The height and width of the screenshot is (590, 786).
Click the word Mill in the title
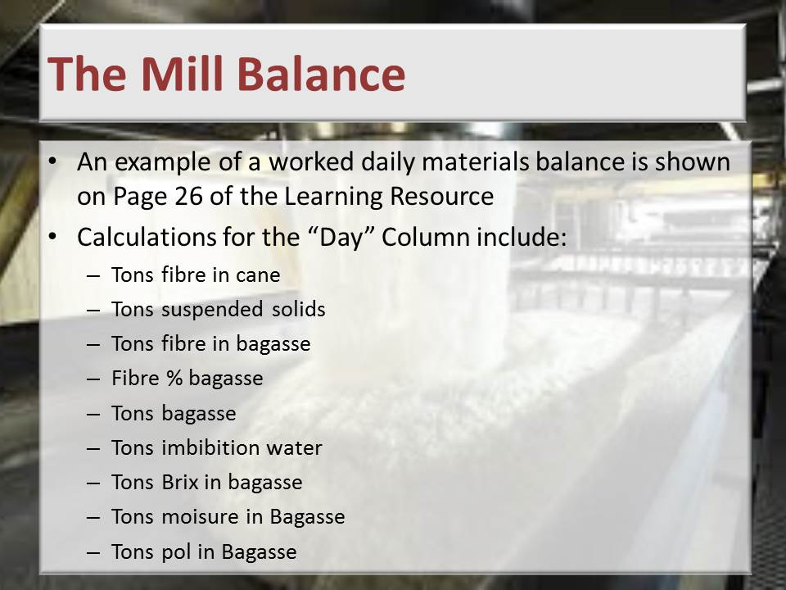pos(182,73)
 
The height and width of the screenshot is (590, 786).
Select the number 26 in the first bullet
pos(189,196)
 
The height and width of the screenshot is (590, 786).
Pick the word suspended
pos(212,310)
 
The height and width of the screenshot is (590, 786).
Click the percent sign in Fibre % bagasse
pos(174,379)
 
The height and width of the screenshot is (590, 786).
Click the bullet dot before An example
pos(52,161)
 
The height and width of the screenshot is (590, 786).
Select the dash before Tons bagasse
pos(93,414)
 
